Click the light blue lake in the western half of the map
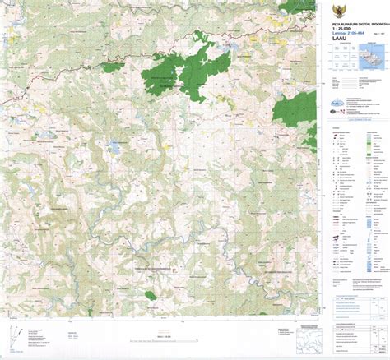click(111, 149)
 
